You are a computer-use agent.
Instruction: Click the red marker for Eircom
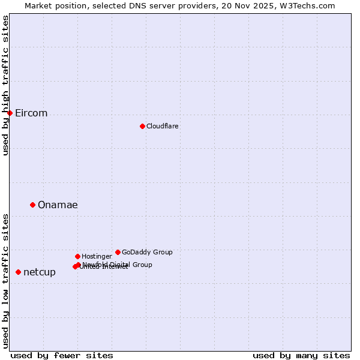coord(10,113)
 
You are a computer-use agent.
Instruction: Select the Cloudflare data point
coord(142,126)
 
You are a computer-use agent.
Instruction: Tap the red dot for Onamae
coord(32,205)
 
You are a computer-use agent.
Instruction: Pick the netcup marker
coord(18,272)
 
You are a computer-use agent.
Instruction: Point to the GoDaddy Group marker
coord(118,252)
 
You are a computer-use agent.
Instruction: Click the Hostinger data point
coord(77,256)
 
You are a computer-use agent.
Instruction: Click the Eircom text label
coord(31,113)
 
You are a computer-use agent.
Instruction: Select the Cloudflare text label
coord(162,126)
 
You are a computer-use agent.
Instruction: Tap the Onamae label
coord(58,205)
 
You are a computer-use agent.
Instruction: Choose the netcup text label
coord(40,272)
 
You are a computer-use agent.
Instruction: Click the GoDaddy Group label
coord(147,253)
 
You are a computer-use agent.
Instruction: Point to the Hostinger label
coord(97,257)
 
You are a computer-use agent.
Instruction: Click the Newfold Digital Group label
coord(118,265)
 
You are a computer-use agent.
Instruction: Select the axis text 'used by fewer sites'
coord(62,355)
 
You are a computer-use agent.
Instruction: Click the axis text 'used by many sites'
coord(301,355)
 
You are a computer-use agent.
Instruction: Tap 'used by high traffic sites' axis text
coord(5,85)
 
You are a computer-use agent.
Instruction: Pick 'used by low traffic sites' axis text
coord(5,280)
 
